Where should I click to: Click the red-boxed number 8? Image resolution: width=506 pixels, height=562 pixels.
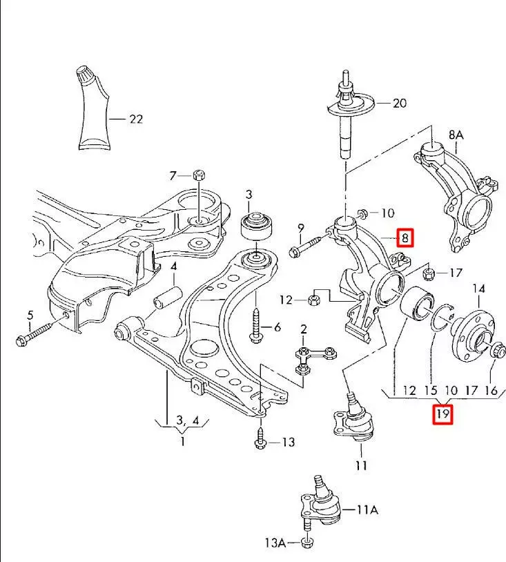pyautogui.click(x=406, y=239)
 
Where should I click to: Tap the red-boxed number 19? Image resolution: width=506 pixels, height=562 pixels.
pyautogui.click(x=442, y=415)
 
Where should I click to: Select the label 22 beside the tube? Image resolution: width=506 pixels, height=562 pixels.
pyautogui.click(x=135, y=119)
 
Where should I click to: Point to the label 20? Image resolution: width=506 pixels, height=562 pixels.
pyautogui.click(x=399, y=104)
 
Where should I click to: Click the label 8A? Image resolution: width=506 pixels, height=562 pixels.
pyautogui.click(x=456, y=135)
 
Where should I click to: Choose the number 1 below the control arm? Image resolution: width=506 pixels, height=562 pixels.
pyautogui.click(x=182, y=441)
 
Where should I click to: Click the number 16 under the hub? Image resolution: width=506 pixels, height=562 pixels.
pyautogui.click(x=492, y=391)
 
